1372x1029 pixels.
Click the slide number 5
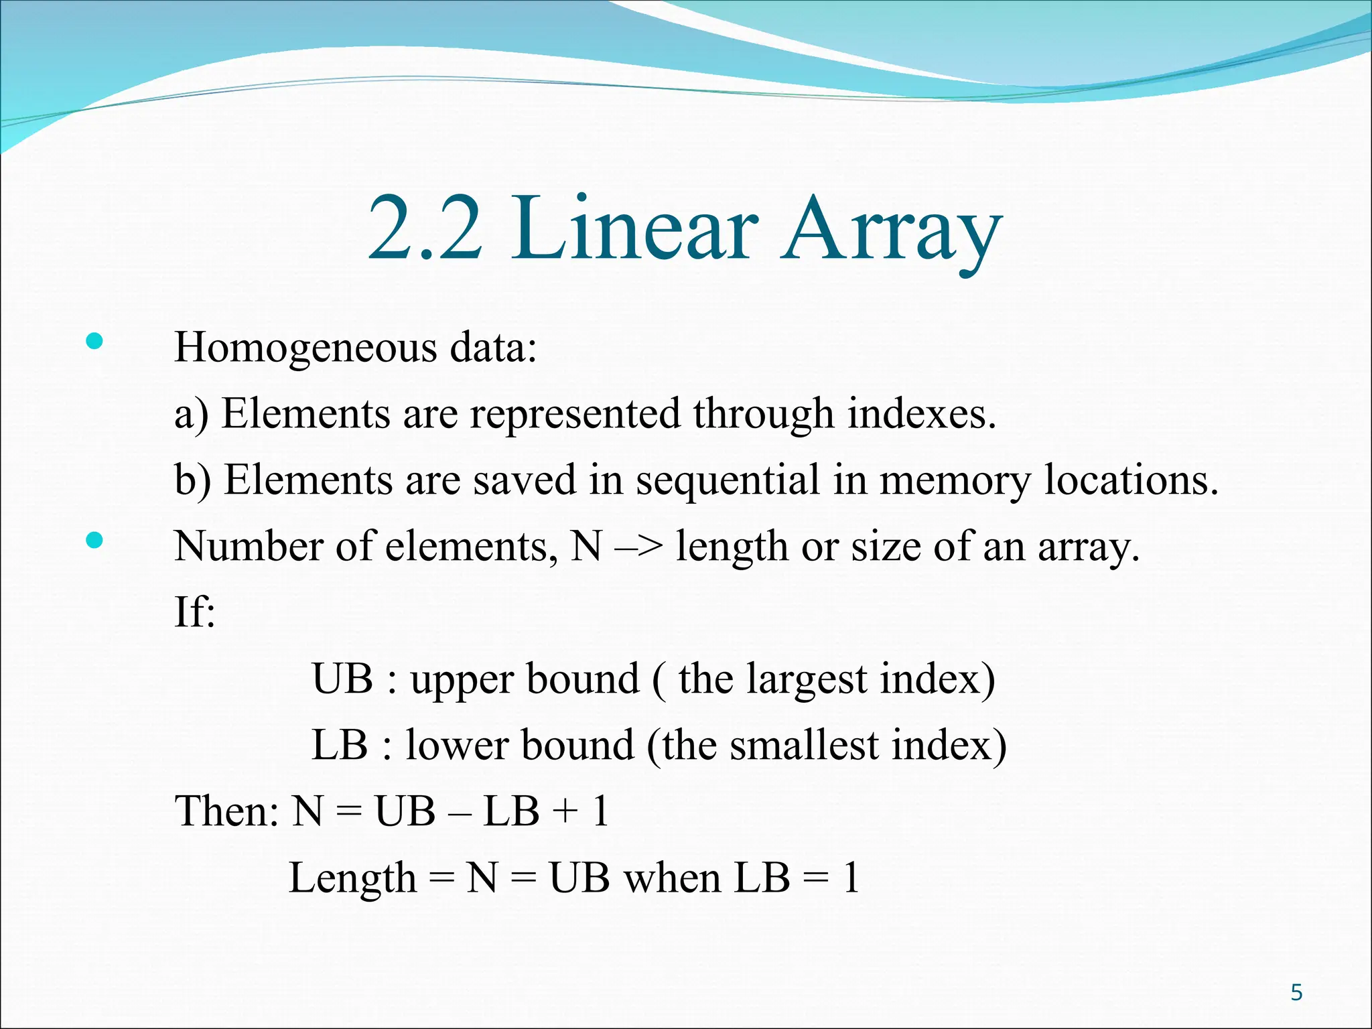coord(1296,992)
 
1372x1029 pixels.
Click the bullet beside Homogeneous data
coord(94,342)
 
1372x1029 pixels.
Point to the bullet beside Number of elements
coord(94,541)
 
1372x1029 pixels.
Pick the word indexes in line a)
coord(921,413)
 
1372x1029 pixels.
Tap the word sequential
coord(728,481)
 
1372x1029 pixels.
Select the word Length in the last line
coord(352,878)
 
